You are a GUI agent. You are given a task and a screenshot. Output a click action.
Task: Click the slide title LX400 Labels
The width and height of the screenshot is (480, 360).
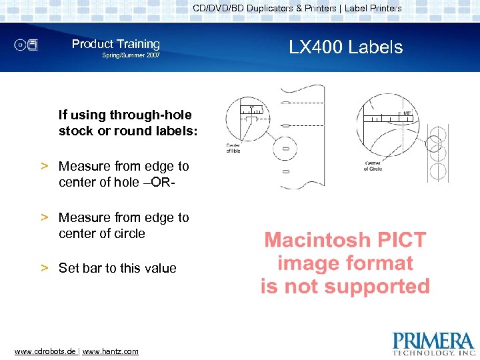click(x=345, y=47)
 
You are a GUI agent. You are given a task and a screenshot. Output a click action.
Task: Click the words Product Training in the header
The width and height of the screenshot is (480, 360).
click(x=116, y=44)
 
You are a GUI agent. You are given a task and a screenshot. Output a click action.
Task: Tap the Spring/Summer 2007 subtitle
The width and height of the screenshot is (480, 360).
click(x=131, y=55)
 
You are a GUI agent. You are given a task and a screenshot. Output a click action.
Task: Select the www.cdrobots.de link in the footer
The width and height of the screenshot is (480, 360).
click(x=45, y=351)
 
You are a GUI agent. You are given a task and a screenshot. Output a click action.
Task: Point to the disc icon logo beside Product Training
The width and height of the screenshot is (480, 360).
click(x=28, y=45)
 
